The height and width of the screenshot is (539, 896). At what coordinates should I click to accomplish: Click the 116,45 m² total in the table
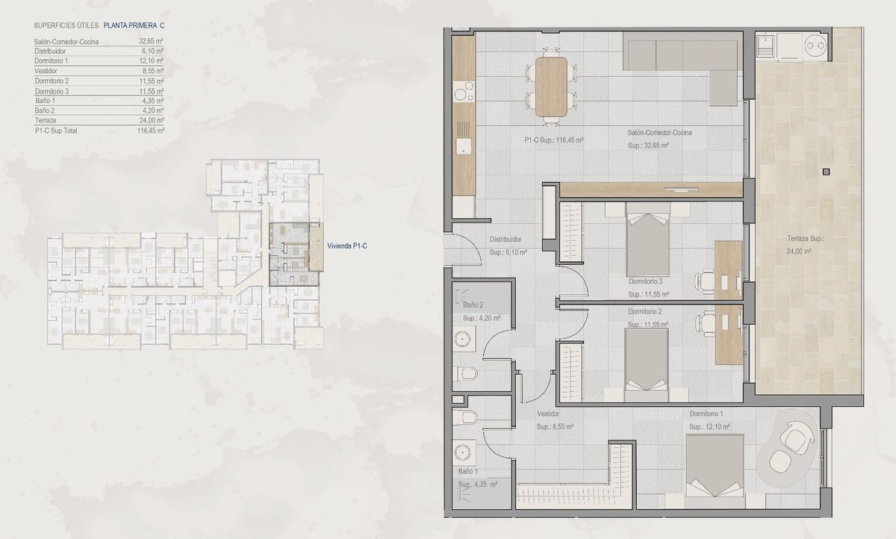point(151,131)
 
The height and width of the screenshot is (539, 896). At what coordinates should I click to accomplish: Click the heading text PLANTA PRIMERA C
point(134,25)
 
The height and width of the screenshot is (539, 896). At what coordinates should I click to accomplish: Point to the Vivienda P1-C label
point(347,246)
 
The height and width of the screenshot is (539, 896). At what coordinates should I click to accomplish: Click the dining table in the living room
point(551,87)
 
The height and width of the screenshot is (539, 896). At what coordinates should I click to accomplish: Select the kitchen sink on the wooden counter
point(463,146)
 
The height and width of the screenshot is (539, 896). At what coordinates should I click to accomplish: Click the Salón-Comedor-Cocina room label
point(659,133)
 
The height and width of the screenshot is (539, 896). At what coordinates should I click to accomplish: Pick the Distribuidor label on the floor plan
point(505,240)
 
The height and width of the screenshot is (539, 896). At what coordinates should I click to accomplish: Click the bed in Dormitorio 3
point(647,240)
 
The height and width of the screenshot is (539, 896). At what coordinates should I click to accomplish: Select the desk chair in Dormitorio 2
point(705,321)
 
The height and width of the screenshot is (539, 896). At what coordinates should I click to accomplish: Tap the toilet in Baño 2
point(465,374)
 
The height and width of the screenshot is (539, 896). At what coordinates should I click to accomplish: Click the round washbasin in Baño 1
point(463,452)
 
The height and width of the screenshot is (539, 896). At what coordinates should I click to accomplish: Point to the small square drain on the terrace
point(827,172)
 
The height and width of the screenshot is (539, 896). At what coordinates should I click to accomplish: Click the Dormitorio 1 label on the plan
point(706,414)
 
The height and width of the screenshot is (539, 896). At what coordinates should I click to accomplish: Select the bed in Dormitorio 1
point(715,471)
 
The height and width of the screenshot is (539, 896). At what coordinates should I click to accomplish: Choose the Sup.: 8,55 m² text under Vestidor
point(556,427)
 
